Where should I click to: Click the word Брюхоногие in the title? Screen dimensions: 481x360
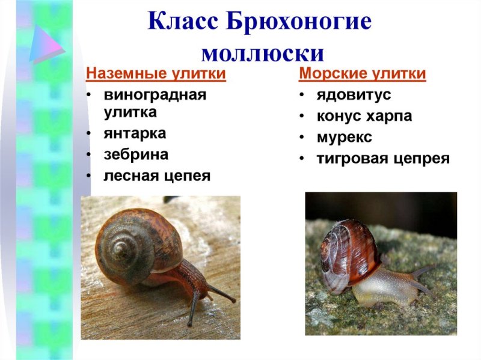click(x=299, y=22)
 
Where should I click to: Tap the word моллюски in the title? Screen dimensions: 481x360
click(x=263, y=53)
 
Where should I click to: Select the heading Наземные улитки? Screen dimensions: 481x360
click(x=156, y=74)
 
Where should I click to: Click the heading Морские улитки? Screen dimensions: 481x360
click(x=363, y=74)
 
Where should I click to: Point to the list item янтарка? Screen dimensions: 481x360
click(x=135, y=133)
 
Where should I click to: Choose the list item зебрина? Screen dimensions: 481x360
click(x=136, y=154)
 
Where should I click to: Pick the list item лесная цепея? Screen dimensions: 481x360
click(x=157, y=176)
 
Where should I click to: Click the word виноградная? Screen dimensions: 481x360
click(x=155, y=95)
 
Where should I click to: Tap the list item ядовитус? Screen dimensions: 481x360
click(x=354, y=95)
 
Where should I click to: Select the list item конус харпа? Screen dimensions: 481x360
click(x=364, y=116)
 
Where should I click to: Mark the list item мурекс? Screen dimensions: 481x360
click(x=344, y=137)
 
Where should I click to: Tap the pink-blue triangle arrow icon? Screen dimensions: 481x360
click(x=47, y=44)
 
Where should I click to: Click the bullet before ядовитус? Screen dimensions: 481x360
click(x=302, y=95)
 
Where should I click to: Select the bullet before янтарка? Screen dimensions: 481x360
click(x=88, y=133)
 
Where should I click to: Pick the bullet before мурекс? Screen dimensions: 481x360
click(x=302, y=138)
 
